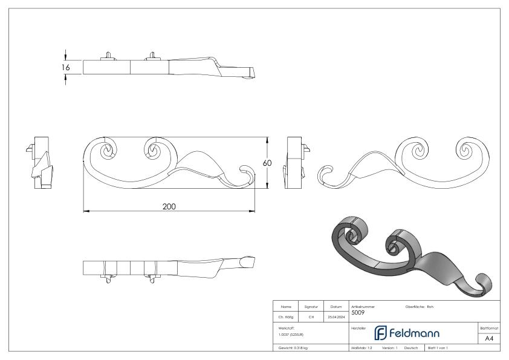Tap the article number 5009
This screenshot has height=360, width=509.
click(358, 313)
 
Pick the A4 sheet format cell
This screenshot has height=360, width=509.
click(489, 338)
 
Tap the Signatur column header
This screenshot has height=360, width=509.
click(311, 307)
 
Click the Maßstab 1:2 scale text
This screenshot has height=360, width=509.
click(363, 349)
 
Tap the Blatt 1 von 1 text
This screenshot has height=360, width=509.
click(440, 349)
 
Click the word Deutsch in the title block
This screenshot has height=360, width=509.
click(412, 349)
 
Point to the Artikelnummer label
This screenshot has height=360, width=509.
click(363, 307)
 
